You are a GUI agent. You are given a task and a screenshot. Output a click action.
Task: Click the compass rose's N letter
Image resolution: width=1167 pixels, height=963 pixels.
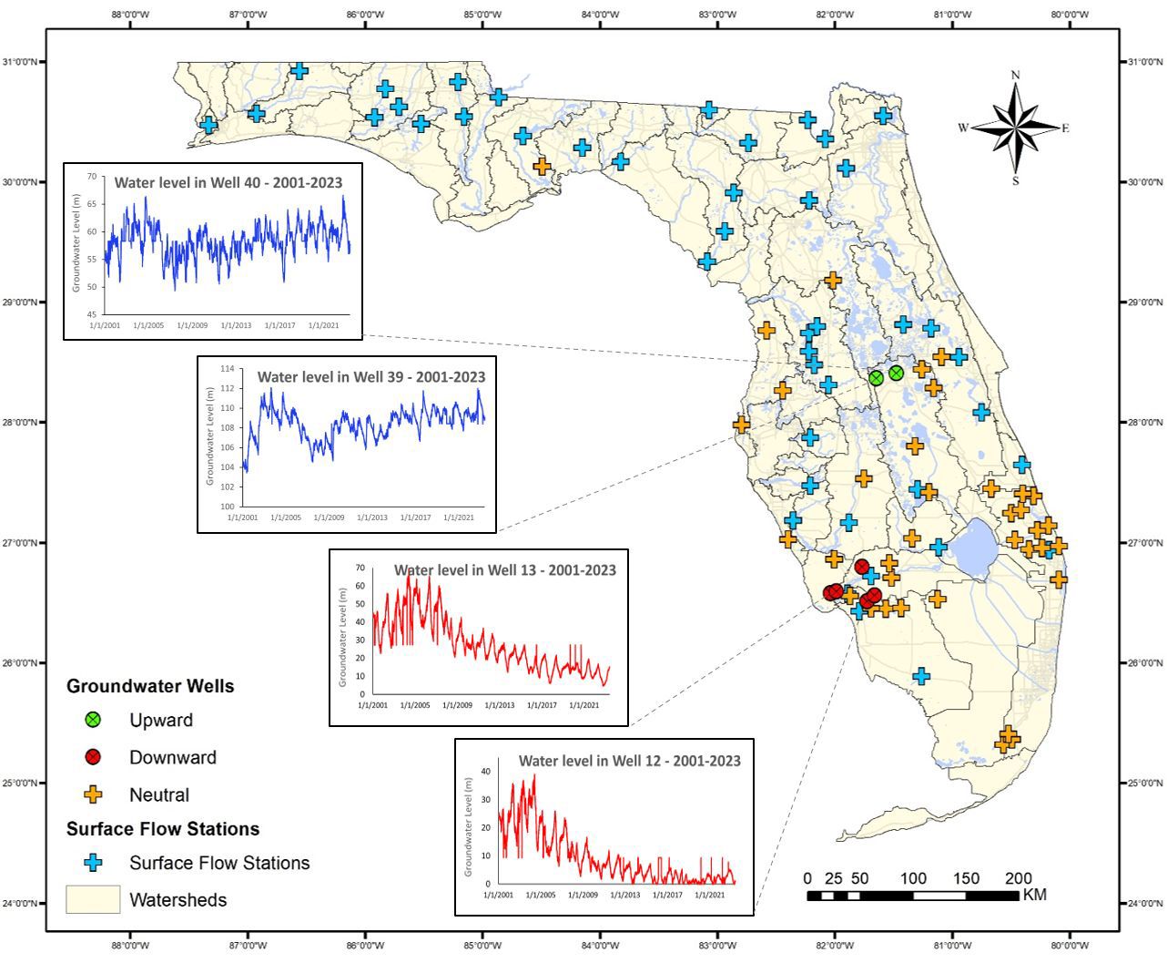tap(1015, 75)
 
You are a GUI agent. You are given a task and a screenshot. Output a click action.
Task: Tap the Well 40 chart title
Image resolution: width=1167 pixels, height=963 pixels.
tap(228, 182)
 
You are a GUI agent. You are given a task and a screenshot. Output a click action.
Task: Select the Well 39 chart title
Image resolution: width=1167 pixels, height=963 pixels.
tap(370, 376)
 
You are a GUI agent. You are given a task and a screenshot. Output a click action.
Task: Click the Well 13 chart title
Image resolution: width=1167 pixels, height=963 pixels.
tap(504, 570)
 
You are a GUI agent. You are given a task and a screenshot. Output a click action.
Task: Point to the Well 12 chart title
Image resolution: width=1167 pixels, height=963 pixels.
tap(629, 760)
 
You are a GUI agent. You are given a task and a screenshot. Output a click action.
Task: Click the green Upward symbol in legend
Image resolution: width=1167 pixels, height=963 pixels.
tap(92, 720)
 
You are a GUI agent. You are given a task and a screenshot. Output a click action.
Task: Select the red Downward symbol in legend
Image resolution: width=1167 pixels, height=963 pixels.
tap(92, 757)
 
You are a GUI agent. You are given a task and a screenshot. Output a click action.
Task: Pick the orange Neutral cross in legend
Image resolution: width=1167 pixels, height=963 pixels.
tap(92, 794)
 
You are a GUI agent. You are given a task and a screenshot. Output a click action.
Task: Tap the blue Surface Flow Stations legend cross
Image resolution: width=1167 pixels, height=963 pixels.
tap(92, 863)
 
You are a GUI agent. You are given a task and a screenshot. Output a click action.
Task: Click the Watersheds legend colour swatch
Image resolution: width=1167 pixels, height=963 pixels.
tap(92, 899)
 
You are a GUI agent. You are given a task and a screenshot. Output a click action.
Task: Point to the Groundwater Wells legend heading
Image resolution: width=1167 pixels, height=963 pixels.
tap(150, 686)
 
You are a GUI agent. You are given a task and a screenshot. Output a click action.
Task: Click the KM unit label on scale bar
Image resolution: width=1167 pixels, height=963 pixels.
tap(1034, 895)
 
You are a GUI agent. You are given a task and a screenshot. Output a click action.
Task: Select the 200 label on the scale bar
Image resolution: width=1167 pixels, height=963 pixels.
tap(1018, 878)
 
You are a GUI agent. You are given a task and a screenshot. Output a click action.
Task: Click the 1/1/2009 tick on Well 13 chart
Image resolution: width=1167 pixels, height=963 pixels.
tap(456, 704)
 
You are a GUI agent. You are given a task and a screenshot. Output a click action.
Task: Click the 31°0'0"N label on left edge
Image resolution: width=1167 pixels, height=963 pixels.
tap(20, 62)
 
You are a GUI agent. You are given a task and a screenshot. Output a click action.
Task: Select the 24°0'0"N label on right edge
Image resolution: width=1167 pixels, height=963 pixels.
tap(1145, 903)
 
